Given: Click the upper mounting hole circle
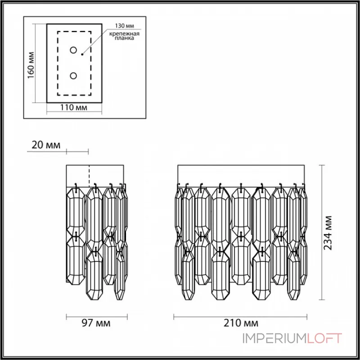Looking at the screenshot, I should tap(73, 50).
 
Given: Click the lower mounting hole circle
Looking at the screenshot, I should tap(73, 75).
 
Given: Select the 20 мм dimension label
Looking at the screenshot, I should tap(45, 145).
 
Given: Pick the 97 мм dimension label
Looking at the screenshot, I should tap(95, 323).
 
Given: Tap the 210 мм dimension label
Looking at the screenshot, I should tap(242, 323).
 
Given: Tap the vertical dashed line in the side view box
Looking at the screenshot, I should tap(89, 175).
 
